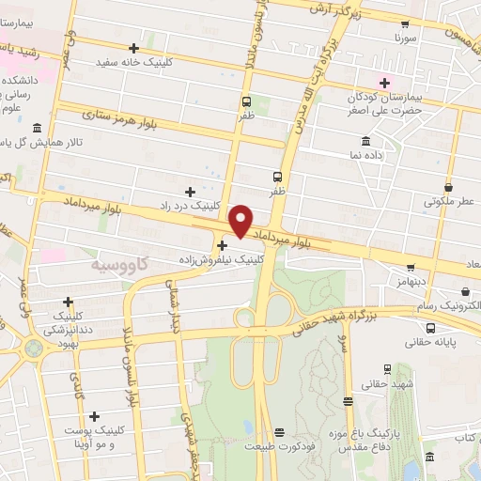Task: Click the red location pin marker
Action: coord(241,220)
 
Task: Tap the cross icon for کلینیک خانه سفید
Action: coord(134,48)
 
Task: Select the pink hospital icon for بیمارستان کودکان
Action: coord(383,83)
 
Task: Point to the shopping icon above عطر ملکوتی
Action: coord(449,187)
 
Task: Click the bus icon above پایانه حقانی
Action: coord(430,328)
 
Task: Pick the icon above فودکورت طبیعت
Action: coord(279,433)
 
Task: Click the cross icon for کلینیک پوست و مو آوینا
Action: coord(94,415)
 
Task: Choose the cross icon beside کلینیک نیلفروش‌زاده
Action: coord(222,244)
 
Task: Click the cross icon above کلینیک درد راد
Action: coord(191,191)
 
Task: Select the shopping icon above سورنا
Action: coord(405,25)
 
